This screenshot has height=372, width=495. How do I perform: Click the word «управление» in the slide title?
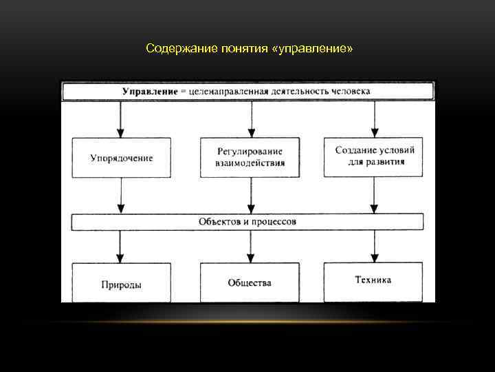pyautogui.click(x=320, y=49)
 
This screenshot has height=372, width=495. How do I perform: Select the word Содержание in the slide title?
pyautogui.click(x=175, y=49)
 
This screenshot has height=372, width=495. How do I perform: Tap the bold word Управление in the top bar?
pyautogui.click(x=148, y=91)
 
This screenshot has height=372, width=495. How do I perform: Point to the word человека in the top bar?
pyautogui.click(x=350, y=91)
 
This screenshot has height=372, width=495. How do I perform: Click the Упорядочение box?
pyautogui.click(x=121, y=158)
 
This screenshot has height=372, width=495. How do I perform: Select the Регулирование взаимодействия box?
pyautogui.click(x=250, y=158)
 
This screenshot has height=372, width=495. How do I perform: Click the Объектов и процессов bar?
pyautogui.click(x=247, y=221)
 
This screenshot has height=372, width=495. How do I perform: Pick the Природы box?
pyautogui.click(x=121, y=282)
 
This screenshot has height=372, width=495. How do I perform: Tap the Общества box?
pyautogui.click(x=250, y=282)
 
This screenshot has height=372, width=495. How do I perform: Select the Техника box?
pyautogui.click(x=373, y=280)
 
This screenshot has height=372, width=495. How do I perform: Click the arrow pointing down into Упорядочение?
pyautogui.click(x=121, y=120)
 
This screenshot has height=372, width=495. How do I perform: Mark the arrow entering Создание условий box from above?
pyautogui.click(x=374, y=120)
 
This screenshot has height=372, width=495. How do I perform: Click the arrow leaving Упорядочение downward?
pyautogui.click(x=121, y=196)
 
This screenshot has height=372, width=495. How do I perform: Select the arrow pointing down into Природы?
pyautogui.click(x=121, y=247)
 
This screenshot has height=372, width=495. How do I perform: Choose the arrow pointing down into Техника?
pyautogui.click(x=374, y=247)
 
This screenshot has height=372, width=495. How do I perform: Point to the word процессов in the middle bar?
pyautogui.click(x=273, y=221)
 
